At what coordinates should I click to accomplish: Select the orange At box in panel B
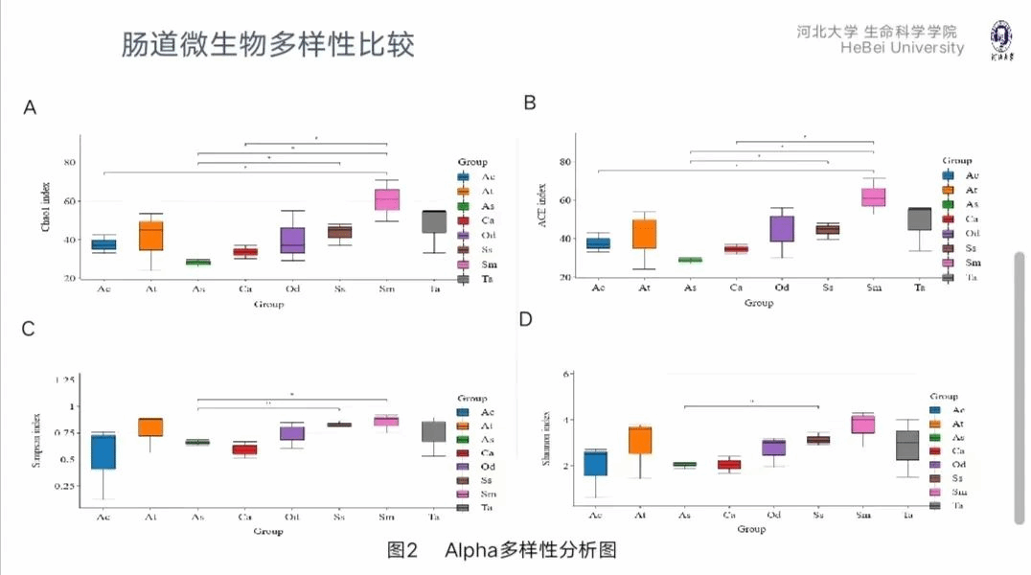(644, 234)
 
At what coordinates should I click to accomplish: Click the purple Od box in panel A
(292, 240)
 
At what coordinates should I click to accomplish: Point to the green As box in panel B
(689, 260)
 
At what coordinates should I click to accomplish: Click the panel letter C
(29, 329)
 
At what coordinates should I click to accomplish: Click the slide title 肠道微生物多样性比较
(268, 46)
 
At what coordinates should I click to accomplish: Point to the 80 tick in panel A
(69, 162)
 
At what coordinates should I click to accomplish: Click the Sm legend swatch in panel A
(464, 264)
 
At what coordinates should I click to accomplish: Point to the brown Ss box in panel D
(817, 440)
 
